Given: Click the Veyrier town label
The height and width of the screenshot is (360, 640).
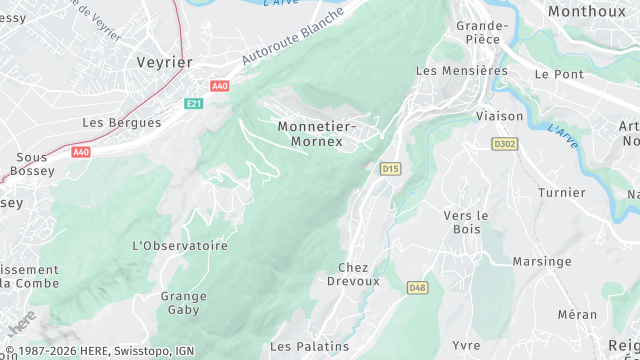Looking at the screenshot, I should [x=164, y=62].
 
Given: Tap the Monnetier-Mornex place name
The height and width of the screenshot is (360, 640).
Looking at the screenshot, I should [x=316, y=134].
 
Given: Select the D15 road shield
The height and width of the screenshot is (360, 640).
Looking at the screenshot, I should [x=390, y=169].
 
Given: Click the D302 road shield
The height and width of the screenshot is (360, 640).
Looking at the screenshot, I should [x=505, y=144].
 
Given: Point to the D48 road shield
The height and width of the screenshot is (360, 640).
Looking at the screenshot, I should [x=418, y=288].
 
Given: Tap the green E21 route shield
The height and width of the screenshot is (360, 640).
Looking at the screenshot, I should [x=194, y=104].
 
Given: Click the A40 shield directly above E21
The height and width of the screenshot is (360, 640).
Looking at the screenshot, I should [x=220, y=87].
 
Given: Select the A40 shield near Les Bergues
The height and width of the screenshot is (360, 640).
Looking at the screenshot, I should [x=80, y=152].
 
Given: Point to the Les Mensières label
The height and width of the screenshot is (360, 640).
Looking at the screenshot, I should [x=461, y=71].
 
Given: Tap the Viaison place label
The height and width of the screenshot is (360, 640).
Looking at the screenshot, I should [x=500, y=116].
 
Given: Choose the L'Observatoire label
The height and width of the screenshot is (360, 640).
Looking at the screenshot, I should [x=180, y=245].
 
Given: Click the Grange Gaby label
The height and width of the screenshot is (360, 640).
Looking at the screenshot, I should [x=184, y=303].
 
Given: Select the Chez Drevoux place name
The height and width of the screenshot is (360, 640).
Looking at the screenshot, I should [x=353, y=274].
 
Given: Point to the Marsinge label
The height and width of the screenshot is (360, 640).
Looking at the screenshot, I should [x=542, y=261].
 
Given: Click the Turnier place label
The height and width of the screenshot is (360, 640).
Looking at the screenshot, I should [x=561, y=192].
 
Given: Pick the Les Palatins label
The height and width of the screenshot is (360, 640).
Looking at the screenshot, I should [x=310, y=346].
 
